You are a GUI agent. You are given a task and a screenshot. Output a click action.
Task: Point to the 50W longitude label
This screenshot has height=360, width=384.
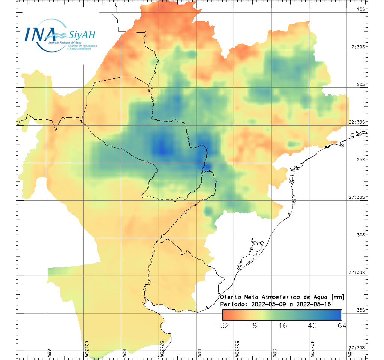(275, 353)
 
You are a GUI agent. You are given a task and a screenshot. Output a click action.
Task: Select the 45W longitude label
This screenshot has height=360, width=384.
(349, 353)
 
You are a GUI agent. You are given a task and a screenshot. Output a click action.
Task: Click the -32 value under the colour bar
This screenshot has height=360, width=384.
(222, 325)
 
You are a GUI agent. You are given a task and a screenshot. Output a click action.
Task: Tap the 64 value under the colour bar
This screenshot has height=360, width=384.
(341, 325)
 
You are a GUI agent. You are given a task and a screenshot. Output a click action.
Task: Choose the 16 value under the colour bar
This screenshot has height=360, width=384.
(282, 325)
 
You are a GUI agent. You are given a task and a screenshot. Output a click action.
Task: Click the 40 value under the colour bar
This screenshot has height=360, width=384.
(312, 325)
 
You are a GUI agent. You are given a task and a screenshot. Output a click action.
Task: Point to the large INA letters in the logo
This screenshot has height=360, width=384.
(40, 34)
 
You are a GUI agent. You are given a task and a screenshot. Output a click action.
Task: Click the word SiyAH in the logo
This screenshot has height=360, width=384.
(82, 35)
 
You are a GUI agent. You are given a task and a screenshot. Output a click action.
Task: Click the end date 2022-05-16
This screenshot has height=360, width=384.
(313, 304)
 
